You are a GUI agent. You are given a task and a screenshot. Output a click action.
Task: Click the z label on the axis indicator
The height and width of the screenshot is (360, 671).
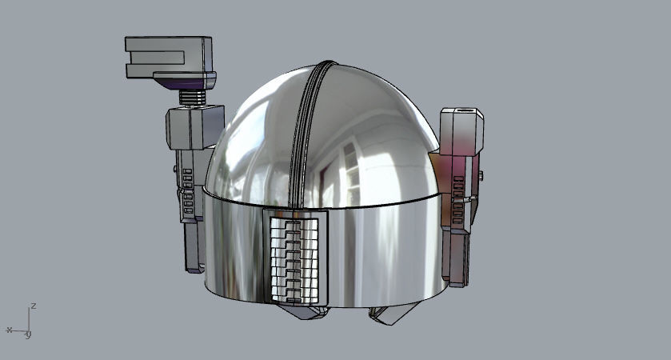[33, 306]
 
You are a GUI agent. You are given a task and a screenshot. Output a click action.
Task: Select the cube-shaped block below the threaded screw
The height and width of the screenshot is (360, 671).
[193, 126]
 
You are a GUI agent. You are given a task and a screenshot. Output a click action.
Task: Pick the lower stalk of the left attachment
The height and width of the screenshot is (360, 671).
[194, 244]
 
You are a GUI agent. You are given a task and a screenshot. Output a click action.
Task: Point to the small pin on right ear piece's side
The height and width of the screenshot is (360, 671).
[483, 174]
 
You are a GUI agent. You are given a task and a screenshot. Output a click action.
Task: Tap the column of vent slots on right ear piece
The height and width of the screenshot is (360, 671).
[458, 200]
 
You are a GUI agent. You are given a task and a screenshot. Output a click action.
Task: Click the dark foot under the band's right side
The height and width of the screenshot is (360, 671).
[388, 315]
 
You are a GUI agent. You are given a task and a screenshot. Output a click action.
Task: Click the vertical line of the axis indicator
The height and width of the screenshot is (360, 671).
[29, 318]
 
